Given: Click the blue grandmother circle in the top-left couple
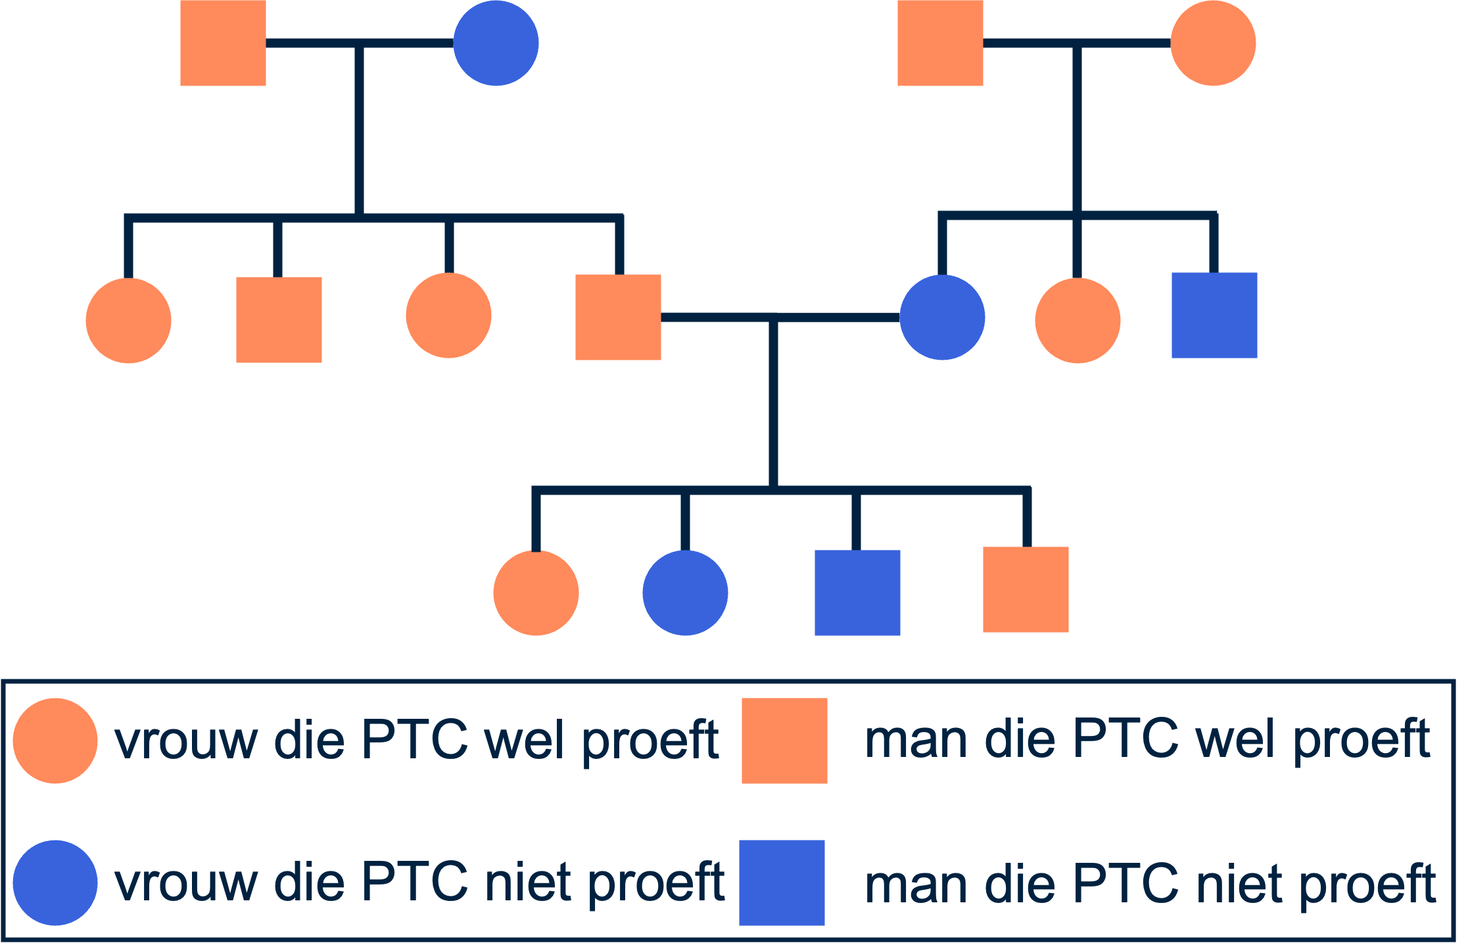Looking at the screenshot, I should [x=496, y=43].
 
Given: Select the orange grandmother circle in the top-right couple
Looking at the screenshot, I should [x=1213, y=43].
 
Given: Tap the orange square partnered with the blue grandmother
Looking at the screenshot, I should [x=223, y=43].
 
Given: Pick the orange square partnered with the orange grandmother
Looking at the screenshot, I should [x=940, y=43].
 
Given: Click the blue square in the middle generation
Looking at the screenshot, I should [x=1214, y=315].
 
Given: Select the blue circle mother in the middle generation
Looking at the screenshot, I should [x=942, y=317].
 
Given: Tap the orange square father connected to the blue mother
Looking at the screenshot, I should [x=618, y=317].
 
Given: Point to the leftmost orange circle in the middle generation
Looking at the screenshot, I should [x=128, y=320].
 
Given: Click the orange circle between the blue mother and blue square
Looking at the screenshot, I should [x=1078, y=320].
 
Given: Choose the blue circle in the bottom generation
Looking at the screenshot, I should [x=685, y=593].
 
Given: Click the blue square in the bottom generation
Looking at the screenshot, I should [x=857, y=593].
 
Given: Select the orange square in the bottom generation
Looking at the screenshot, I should [x=1026, y=589].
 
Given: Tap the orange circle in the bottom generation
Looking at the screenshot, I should [x=536, y=593].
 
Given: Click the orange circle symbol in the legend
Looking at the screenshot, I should [x=55, y=741].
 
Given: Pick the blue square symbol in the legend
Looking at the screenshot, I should [x=782, y=883].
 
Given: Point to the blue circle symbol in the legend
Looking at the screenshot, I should [x=55, y=883].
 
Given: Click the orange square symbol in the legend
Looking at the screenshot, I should [x=784, y=741].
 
